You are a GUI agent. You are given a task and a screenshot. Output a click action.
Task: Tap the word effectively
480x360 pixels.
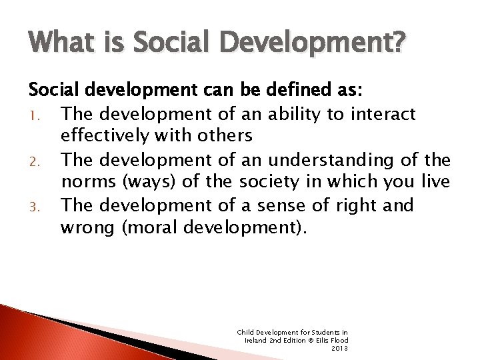(x=103, y=137)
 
